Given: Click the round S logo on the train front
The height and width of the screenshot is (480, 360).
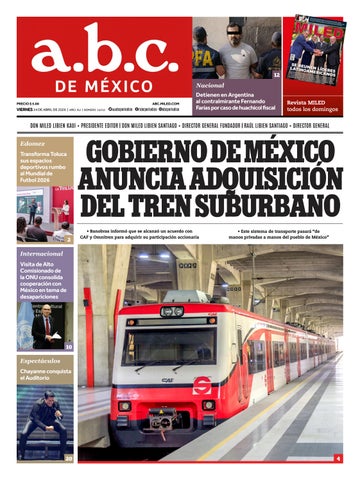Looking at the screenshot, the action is [x=202, y=385].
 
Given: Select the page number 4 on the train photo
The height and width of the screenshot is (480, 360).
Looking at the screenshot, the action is [x=337, y=458].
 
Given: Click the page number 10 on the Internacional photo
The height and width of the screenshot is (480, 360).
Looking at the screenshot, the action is [x=68, y=346].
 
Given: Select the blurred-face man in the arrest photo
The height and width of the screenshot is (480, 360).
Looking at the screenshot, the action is [x=238, y=45].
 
